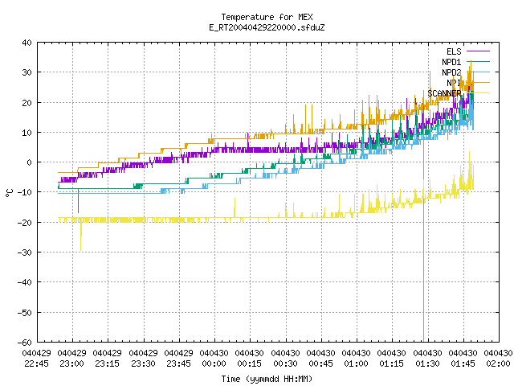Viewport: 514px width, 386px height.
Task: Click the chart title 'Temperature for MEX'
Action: pyautogui.click(x=267, y=17)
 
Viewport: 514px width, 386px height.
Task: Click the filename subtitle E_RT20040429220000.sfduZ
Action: pyautogui.click(x=267, y=27)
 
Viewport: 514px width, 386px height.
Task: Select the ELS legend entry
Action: pyautogui.click(x=467, y=51)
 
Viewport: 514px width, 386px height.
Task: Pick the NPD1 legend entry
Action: pyautogui.click(x=466, y=62)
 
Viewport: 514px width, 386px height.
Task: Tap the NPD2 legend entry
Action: pyautogui.click(x=466, y=72)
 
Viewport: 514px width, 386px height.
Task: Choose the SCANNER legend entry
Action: pyautogui.click(x=459, y=93)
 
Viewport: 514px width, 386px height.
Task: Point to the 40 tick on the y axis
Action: pyautogui.click(x=27, y=43)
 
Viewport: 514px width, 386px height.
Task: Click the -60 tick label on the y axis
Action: pyautogui.click(x=25, y=343)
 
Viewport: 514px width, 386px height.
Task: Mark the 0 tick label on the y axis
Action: pyautogui.click(x=30, y=162)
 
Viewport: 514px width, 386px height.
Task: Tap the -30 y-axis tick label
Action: pyautogui.click(x=25, y=253)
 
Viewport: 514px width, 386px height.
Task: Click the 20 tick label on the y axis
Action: pyautogui.click(x=27, y=102)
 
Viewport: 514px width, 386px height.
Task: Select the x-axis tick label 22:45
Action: pyautogui.click(x=36, y=363)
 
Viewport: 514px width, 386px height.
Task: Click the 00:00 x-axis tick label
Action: pyautogui.click(x=214, y=363)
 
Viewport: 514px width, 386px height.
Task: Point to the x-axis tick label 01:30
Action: pyautogui.click(x=427, y=363)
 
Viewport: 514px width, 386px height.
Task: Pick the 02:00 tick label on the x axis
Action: pyautogui.click(x=498, y=363)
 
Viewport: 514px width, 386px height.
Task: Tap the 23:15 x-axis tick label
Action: pyautogui.click(x=108, y=363)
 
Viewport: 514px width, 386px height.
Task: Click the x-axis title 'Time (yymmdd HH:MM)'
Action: pyautogui.click(x=267, y=379)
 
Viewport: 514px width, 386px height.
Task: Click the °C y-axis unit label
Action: pyautogui.click(x=9, y=193)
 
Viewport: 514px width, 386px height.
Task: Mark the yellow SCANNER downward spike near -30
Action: pyautogui.click(x=80, y=236)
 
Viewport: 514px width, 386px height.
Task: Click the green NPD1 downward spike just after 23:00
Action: pyautogui.click(x=78, y=201)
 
